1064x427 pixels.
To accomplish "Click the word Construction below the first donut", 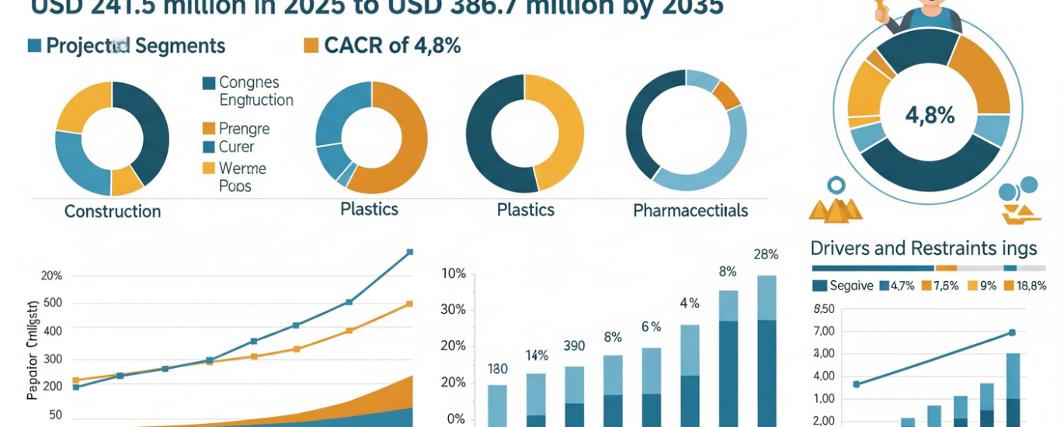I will coord(113,211).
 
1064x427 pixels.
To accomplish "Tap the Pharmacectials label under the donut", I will coord(690,210).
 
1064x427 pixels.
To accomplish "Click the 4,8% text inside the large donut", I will coord(930,116).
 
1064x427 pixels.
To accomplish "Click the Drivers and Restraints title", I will coord(923,248).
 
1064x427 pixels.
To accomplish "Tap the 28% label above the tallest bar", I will coord(766,255).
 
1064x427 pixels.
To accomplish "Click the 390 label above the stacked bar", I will coord(574,345).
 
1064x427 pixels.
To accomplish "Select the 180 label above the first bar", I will coord(497,369).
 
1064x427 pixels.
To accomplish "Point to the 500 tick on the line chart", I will coord(54,303).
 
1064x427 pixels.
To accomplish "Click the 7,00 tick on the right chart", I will coord(823,332).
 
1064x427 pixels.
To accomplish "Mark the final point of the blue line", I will coord(410,252).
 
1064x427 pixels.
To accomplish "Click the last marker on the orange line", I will coord(410,304).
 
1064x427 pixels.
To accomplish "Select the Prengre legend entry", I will coord(244,129).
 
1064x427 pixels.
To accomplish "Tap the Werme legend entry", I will coord(242,168).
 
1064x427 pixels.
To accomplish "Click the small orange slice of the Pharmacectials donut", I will coord(726,95).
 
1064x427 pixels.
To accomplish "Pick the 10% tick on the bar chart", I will coord(454,274).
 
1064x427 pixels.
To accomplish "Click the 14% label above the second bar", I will coord(537,356).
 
